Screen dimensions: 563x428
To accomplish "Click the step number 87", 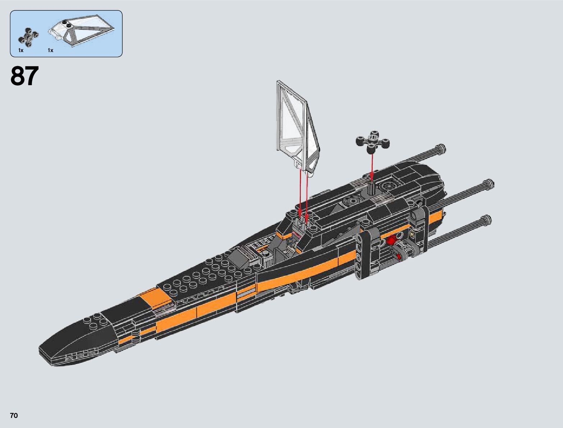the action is (24, 76).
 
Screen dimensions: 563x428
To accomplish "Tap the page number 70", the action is (14, 416).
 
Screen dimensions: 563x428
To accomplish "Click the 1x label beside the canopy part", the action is (50, 50).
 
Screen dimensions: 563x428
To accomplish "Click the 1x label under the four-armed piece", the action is (21, 50).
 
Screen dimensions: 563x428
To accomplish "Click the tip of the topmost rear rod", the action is (441, 148).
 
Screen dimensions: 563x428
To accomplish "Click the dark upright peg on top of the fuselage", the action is (371, 187).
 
